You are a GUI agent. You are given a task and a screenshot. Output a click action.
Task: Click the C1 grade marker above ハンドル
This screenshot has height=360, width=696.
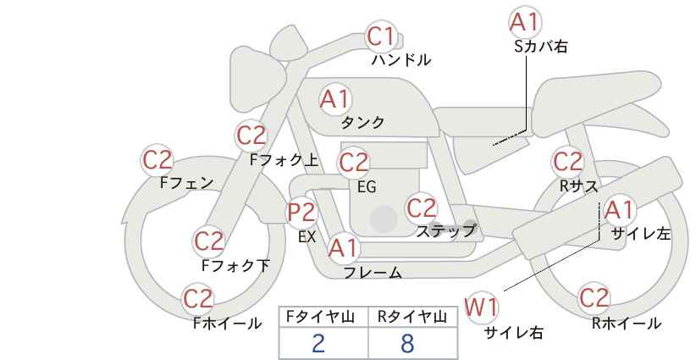[x=381, y=36]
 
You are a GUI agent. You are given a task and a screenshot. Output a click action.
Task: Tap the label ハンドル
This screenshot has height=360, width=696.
[x=400, y=60]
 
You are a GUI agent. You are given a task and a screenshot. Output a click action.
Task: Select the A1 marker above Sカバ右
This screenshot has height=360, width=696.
[x=525, y=22]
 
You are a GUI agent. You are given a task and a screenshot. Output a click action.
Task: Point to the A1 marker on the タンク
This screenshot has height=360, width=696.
[x=335, y=99]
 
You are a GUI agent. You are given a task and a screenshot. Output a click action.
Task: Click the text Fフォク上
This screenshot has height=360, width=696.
[x=284, y=160]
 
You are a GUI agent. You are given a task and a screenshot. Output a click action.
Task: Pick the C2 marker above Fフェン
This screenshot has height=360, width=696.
[x=157, y=160]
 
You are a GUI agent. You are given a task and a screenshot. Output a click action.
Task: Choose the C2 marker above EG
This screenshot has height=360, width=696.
[x=353, y=163]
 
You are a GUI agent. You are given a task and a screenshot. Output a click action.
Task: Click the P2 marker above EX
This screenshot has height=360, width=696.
[x=301, y=213]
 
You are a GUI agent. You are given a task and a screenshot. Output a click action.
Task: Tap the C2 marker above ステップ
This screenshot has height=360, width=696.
[x=422, y=208]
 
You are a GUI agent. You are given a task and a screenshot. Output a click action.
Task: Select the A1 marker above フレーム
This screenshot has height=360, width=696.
[x=343, y=248]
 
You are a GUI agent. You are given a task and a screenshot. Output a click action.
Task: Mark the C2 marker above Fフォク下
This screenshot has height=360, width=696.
[x=208, y=241]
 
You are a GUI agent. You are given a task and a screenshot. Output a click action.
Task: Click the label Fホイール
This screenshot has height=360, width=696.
[x=227, y=324]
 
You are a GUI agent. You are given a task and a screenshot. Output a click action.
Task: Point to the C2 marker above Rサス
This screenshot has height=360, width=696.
[x=567, y=162]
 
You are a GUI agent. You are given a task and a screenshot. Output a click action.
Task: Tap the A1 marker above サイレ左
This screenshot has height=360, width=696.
[x=619, y=210]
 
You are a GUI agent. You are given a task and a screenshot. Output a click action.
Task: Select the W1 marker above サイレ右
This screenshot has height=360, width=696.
[x=482, y=307]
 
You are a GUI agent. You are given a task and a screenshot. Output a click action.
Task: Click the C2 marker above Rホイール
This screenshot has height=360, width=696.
[x=594, y=298]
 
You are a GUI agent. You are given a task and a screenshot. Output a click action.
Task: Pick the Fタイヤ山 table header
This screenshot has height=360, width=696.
[x=320, y=317]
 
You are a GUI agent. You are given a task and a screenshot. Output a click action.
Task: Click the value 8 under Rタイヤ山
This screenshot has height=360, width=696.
[x=407, y=343]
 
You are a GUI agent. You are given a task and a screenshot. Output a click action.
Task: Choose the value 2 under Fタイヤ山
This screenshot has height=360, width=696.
[x=318, y=343]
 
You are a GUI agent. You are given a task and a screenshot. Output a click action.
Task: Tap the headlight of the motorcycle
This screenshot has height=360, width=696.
[x=255, y=80]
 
